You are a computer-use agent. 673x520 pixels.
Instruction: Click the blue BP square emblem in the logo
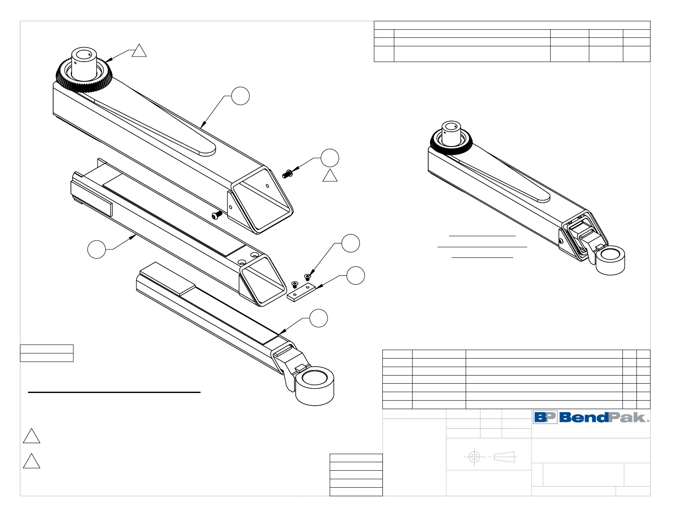(x=545, y=417)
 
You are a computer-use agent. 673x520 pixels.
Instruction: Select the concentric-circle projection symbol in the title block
(x=474, y=457)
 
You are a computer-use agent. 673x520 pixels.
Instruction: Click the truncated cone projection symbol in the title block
(x=504, y=457)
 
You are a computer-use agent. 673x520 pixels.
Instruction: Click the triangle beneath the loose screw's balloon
(x=330, y=176)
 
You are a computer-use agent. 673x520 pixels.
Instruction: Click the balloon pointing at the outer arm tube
(x=240, y=96)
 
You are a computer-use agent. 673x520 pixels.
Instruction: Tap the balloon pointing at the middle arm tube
(x=96, y=249)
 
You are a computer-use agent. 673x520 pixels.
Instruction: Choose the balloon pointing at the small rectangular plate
(x=356, y=276)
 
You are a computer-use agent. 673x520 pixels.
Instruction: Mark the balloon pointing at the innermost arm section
(x=319, y=319)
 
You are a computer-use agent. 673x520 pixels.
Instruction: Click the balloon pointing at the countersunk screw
(x=351, y=243)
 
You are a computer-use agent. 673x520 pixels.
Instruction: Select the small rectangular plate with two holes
(x=301, y=293)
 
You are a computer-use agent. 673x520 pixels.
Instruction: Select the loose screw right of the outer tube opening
(x=288, y=173)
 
